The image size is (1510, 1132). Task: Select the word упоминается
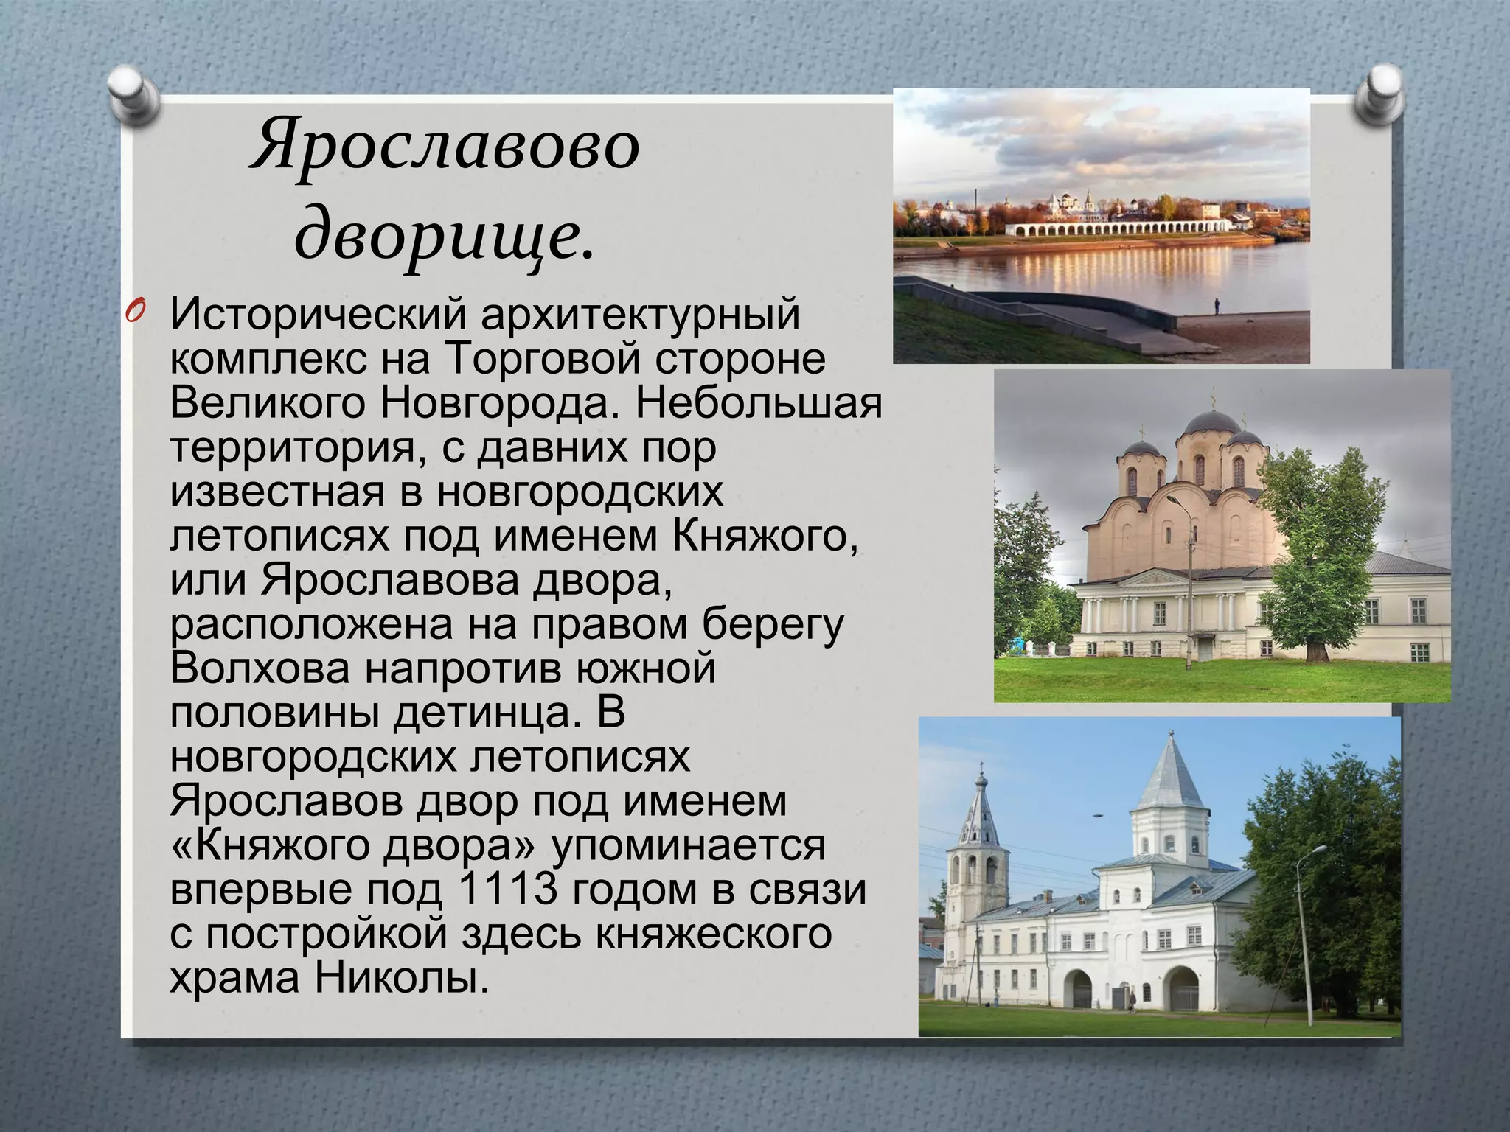(688, 845)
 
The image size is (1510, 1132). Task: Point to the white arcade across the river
(1121, 228)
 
